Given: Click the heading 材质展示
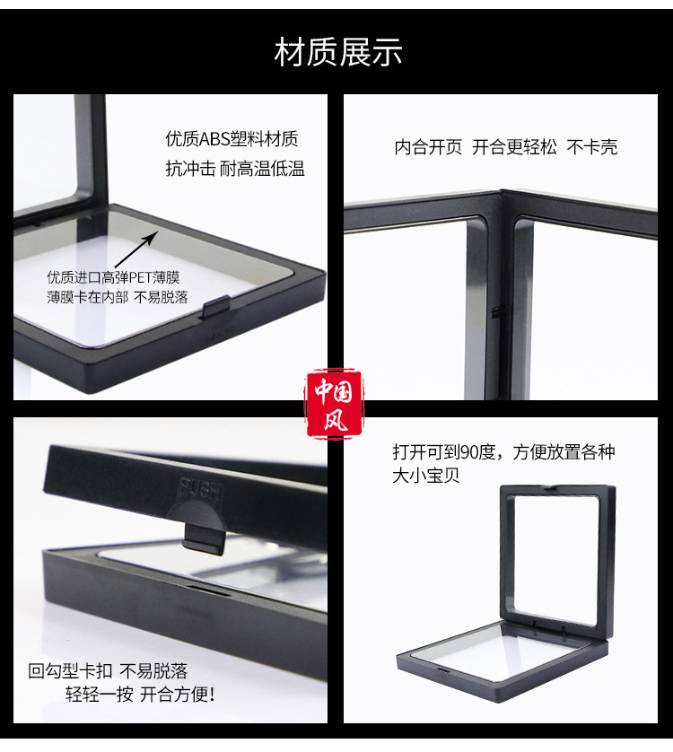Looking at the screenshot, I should coord(337,53).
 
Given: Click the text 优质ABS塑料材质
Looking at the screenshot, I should coord(232,140).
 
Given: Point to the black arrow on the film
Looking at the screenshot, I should coord(135,248).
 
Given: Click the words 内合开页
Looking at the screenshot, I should coord(428,147).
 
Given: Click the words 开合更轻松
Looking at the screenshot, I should coord(514,147).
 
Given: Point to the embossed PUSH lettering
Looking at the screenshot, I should coord(201,489).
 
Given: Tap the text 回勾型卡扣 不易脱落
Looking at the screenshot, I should coord(108,670).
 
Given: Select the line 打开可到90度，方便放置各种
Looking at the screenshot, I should coord(503,451).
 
